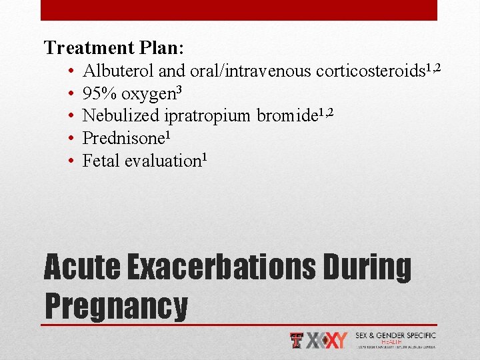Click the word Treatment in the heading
coord(89,48)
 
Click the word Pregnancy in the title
coord(116,305)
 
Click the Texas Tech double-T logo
coord(297,340)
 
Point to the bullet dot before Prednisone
coord(71,139)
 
